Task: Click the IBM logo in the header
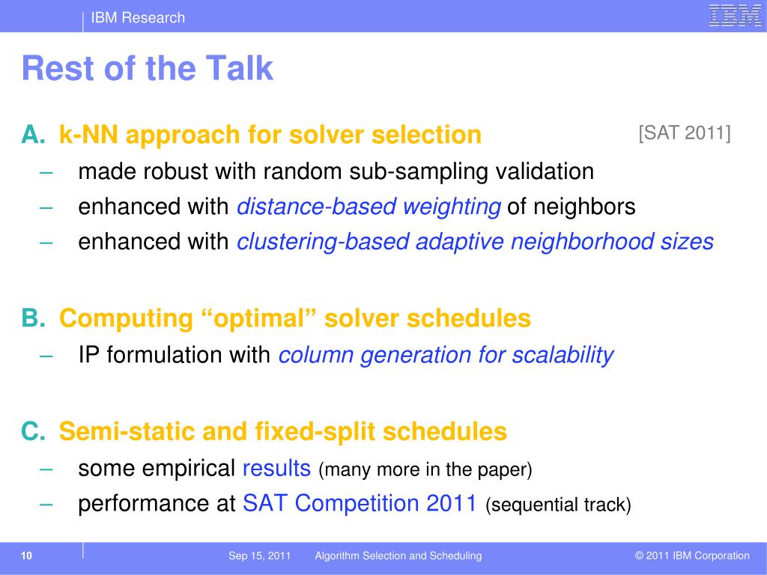click(736, 16)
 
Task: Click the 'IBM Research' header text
click(138, 18)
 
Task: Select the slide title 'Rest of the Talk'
click(148, 68)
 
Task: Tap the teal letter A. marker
click(33, 135)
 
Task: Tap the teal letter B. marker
click(33, 318)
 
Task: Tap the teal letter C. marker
click(33, 431)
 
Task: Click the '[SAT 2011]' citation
click(685, 133)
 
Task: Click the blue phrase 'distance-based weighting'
click(369, 207)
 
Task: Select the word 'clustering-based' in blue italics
click(323, 242)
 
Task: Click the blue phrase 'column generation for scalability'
click(446, 355)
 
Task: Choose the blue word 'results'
click(276, 468)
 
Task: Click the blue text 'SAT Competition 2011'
click(360, 503)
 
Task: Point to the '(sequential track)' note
click(558, 505)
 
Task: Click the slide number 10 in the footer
click(26, 556)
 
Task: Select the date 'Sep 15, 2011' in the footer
click(259, 556)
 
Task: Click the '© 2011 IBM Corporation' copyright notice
click(692, 556)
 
